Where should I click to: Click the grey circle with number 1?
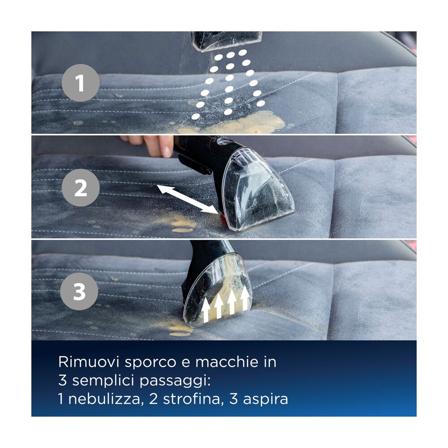pyautogui.click(x=80, y=83)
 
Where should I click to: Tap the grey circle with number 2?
pyautogui.click(x=81, y=188)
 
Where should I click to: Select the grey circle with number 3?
pyautogui.click(x=79, y=293)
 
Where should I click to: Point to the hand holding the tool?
pyautogui.click(x=150, y=145)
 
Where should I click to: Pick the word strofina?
pyautogui.click(x=185, y=398)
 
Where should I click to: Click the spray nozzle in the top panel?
pyautogui.click(x=226, y=40)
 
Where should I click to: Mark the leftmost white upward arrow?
pyautogui.click(x=206, y=309)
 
